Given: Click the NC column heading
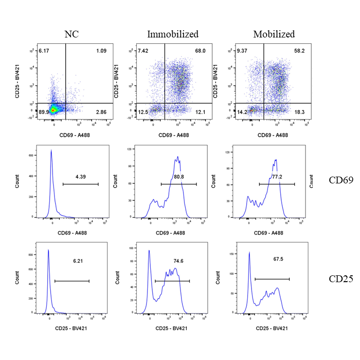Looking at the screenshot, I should pyautogui.click(x=72, y=34).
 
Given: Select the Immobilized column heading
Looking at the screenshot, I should pyautogui.click(x=173, y=34).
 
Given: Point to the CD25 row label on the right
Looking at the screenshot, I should pyautogui.click(x=340, y=279).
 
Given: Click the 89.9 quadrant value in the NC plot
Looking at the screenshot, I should pyautogui.click(x=44, y=112).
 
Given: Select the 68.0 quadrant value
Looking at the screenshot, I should pyautogui.click(x=199, y=51).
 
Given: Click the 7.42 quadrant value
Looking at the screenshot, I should pyautogui.click(x=143, y=51).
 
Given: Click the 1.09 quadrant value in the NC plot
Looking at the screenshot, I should pyautogui.click(x=101, y=51).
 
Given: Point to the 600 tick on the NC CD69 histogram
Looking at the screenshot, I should pyautogui.click(x=31, y=155).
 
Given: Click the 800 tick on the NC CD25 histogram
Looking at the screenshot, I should pyautogui.click(x=31, y=254).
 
